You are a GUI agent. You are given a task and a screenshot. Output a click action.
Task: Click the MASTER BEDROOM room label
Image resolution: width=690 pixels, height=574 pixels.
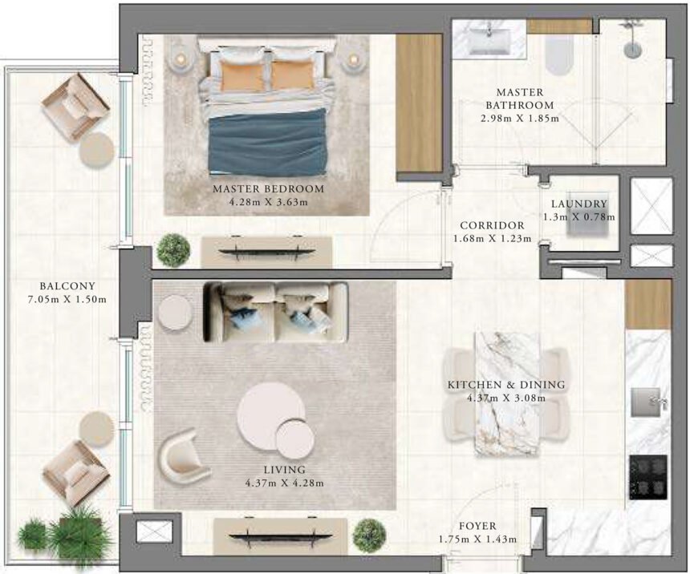(268, 189)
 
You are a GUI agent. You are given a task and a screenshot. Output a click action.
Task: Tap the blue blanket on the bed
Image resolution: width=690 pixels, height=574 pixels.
(267, 144)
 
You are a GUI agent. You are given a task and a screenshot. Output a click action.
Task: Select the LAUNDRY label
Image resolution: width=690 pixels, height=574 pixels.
(579, 204)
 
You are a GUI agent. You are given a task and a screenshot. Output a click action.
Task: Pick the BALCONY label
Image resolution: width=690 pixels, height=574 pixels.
(67, 286)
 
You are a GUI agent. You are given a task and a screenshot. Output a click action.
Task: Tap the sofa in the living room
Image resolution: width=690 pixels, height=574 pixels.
(275, 312)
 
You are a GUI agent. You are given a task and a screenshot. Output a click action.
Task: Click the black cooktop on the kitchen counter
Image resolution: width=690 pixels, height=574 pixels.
(647, 477)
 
